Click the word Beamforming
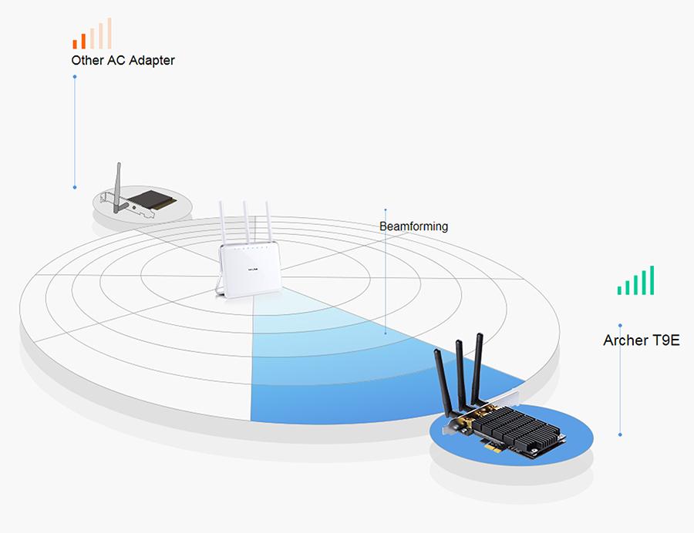[x=413, y=226]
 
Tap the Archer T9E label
[x=642, y=340]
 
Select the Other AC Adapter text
[x=123, y=61]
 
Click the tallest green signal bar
[x=652, y=280]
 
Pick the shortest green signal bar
[x=620, y=290]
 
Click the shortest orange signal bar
[x=75, y=44]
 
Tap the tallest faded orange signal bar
[x=109, y=33]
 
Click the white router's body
[x=249, y=270]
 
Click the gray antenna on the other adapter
[x=117, y=187]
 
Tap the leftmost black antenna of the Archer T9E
[x=443, y=381]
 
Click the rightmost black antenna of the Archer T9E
[x=477, y=369]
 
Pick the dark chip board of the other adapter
[x=153, y=199]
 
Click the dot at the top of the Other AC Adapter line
[x=75, y=77]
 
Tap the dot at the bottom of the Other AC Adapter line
[x=75, y=187]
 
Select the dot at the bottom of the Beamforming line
[x=386, y=334]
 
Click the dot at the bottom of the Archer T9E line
[x=620, y=435]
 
